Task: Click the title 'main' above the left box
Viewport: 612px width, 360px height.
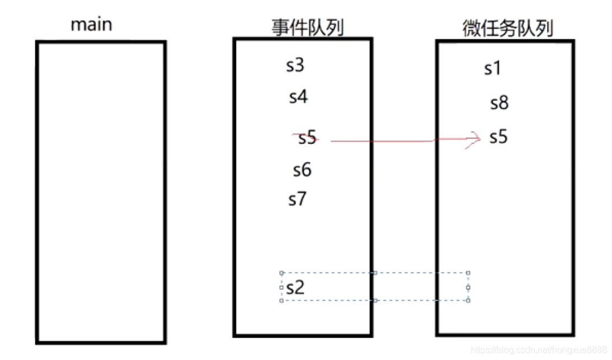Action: [x=91, y=25]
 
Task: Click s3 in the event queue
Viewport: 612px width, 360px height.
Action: [x=295, y=66]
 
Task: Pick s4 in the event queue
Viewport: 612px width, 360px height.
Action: [x=298, y=97]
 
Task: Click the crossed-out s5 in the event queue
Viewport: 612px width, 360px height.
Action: [x=307, y=138]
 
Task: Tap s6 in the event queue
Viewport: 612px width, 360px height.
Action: [x=302, y=170]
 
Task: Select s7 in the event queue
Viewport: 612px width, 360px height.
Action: [x=298, y=199]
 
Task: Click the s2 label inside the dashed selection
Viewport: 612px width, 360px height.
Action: [x=295, y=288]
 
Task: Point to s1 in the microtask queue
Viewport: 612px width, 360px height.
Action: [x=493, y=69]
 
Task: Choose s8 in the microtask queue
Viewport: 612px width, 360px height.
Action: [x=499, y=103]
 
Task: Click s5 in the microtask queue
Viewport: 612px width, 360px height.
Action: [x=498, y=137]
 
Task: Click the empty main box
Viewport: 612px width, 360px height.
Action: [x=101, y=191]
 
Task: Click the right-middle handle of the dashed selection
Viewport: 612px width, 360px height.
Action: [x=468, y=287]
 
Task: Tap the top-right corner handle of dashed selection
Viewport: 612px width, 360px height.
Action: [x=468, y=273]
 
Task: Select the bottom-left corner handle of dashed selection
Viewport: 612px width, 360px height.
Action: [x=281, y=301]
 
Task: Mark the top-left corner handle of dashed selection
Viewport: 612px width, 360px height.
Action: [x=281, y=273]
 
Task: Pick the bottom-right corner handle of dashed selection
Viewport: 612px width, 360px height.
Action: [x=468, y=301]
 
